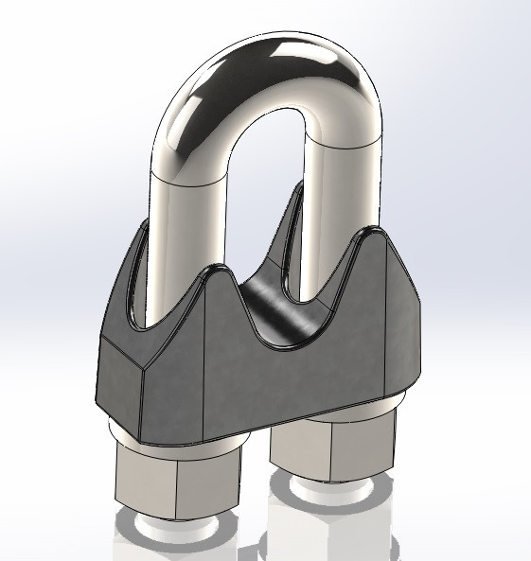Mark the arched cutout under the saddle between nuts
tap(254, 445)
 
